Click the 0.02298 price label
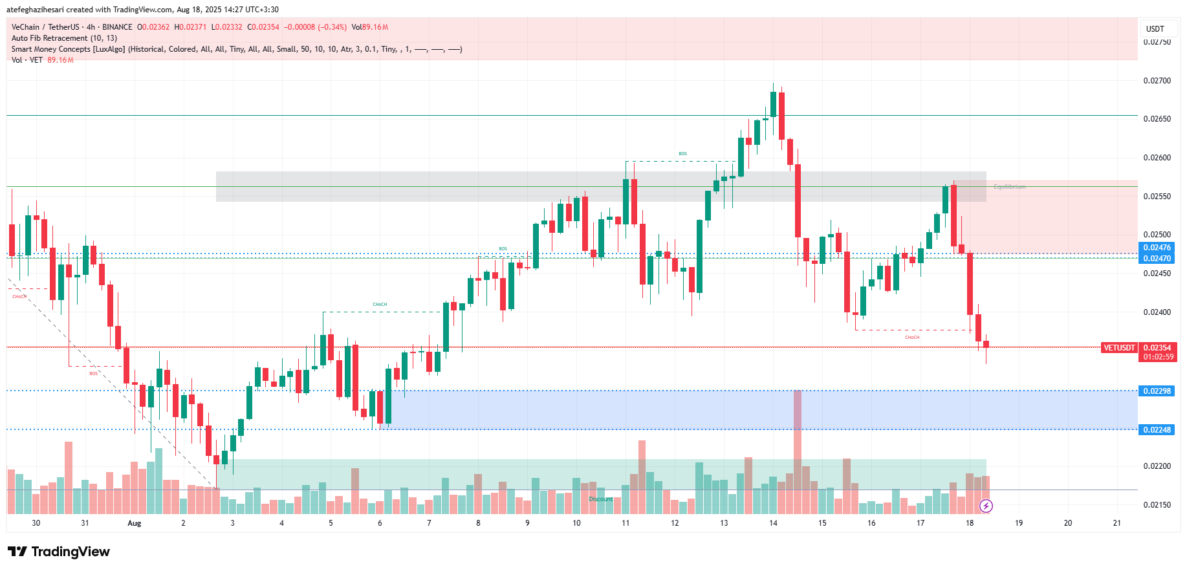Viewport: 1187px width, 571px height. (1157, 391)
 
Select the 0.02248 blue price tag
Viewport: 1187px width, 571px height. (1157, 430)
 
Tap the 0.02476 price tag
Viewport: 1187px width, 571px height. (1157, 248)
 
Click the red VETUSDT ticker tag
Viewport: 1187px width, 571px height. (1119, 348)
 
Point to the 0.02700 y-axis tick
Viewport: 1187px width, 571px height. (1157, 81)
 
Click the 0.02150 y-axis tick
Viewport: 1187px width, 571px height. (1157, 505)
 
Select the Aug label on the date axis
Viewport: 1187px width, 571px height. (134, 523)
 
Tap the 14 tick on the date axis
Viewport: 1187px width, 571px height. (773, 523)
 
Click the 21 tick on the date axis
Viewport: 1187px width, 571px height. (1116, 523)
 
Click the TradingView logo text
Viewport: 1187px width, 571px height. (70, 552)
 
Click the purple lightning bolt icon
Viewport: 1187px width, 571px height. (986, 506)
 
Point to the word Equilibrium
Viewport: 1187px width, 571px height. (1009, 187)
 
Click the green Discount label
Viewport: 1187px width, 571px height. (600, 499)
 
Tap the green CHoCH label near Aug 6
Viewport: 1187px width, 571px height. (380, 305)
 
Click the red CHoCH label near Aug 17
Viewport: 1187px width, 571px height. (912, 338)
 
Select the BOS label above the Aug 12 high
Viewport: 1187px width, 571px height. (682, 154)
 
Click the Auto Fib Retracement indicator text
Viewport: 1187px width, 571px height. (64, 38)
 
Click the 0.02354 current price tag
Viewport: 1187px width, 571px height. (1157, 348)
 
